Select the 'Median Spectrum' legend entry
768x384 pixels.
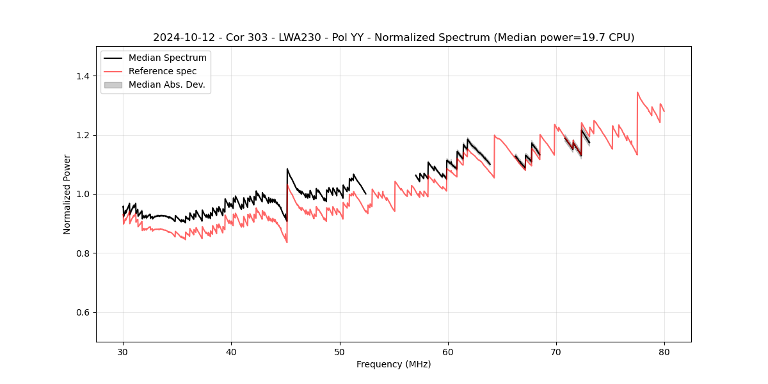pyautogui.click(x=167, y=58)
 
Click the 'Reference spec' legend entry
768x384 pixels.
pyautogui.click(x=163, y=71)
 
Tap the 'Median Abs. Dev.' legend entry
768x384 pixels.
pyautogui.click(x=166, y=84)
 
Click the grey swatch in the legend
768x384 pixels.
pyautogui.click(x=113, y=84)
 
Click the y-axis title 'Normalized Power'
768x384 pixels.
pyautogui.click(x=67, y=194)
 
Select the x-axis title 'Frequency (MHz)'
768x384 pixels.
pyautogui.click(x=394, y=364)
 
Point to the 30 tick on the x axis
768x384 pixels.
pyautogui.click(x=123, y=351)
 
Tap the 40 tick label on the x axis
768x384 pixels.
pyautogui.click(x=231, y=351)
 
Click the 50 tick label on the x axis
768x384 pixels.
pyautogui.click(x=339, y=351)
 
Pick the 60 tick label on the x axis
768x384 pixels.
pyautogui.click(x=448, y=351)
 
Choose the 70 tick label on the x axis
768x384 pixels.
pyautogui.click(x=556, y=351)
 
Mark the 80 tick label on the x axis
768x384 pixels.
pyautogui.click(x=664, y=351)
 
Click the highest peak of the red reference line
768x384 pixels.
pyautogui.click(x=637, y=92)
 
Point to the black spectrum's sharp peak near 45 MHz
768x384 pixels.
pyautogui.click(x=287, y=169)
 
